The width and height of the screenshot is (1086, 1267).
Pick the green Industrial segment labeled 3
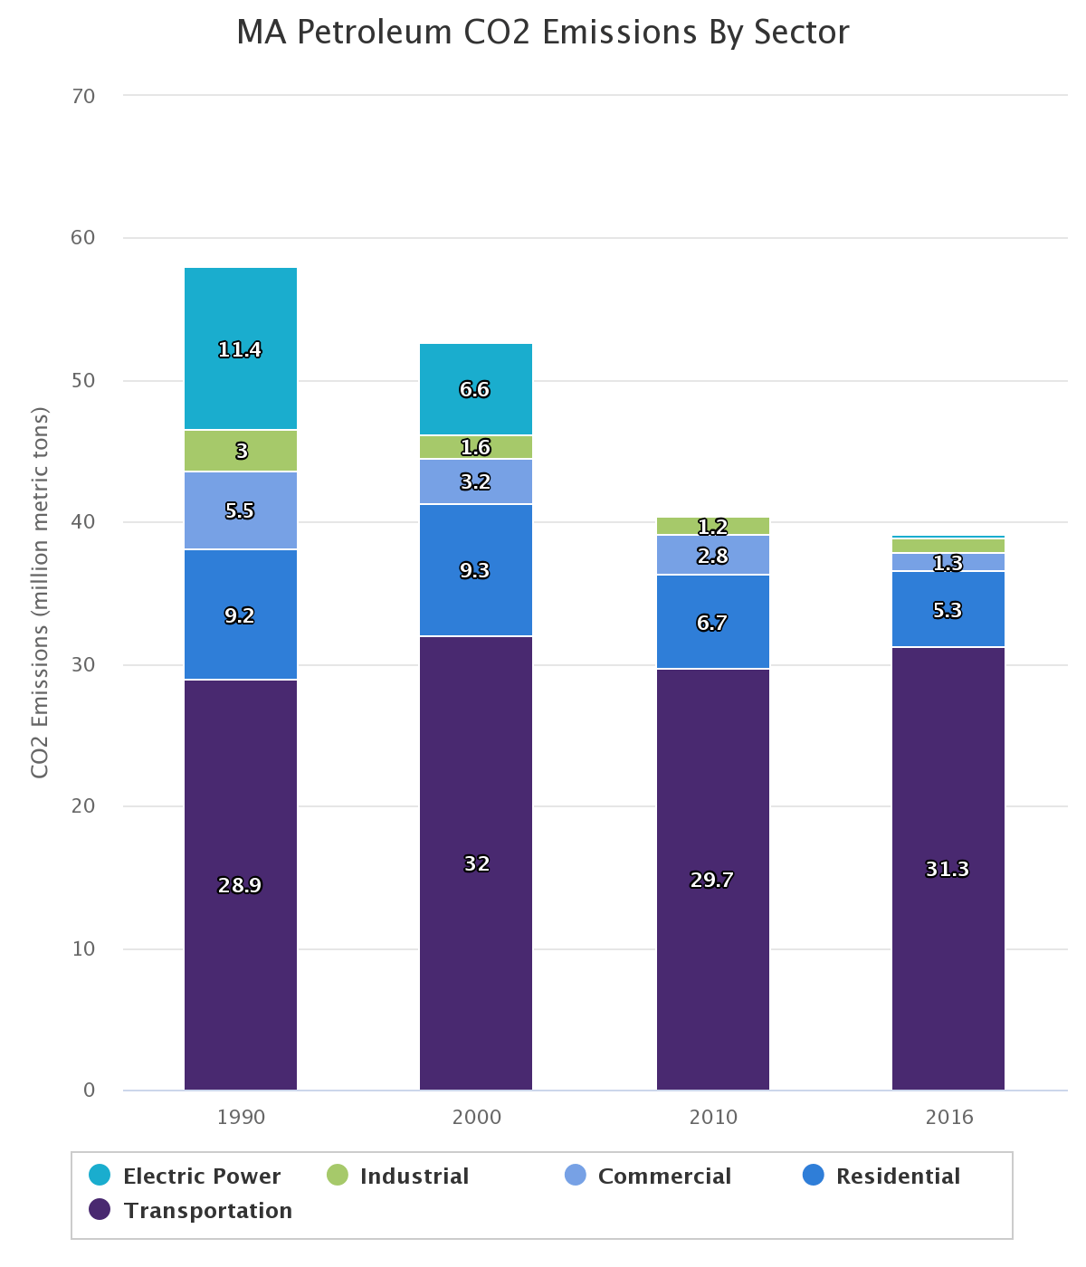[241, 451]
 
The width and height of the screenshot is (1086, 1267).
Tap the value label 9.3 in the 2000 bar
[474, 571]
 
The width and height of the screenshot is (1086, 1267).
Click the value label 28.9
[240, 886]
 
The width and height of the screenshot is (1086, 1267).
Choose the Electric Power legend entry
[201, 1176]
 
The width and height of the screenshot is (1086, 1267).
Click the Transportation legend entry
[207, 1211]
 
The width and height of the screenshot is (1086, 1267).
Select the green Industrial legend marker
[337, 1176]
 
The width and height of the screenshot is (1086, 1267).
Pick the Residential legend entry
[897, 1176]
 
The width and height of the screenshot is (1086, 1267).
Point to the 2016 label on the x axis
[948, 1118]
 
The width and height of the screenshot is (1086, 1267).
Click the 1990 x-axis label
[241, 1118]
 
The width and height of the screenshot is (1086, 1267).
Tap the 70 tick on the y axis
[83, 96]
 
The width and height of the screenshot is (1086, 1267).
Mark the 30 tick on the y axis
[83, 665]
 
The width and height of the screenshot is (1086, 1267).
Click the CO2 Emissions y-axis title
[40, 593]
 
